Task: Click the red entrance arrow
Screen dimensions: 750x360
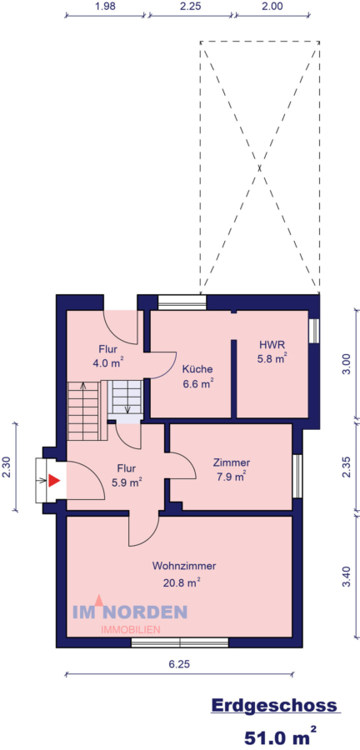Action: [x=54, y=480]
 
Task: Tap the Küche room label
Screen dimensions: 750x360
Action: [x=197, y=369]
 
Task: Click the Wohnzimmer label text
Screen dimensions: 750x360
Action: [x=178, y=565]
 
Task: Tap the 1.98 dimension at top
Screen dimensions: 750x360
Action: [x=105, y=6]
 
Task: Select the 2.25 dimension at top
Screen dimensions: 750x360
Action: [x=190, y=6]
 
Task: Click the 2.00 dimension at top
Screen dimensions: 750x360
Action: [x=272, y=6]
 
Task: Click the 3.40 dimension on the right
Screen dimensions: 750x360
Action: [x=347, y=576]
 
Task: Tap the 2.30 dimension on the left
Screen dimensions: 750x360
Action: [x=7, y=468]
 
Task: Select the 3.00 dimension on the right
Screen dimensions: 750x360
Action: [x=347, y=364]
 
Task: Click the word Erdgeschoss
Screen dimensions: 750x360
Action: [x=274, y=706]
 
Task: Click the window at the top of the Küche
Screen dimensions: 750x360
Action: [x=182, y=302]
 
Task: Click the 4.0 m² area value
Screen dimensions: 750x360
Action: [x=107, y=363]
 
